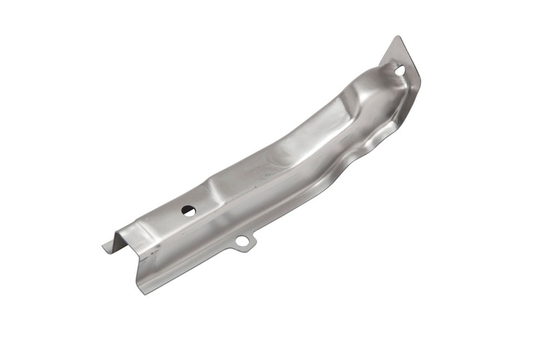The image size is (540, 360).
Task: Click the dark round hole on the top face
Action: pyautogui.click(x=188, y=210)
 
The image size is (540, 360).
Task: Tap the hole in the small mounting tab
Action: pyautogui.click(x=242, y=241)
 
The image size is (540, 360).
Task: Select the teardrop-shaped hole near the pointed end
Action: pyautogui.click(x=400, y=70)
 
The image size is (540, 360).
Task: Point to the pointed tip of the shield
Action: pyautogui.click(x=398, y=37)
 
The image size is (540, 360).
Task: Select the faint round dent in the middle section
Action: pyautogui.click(x=281, y=157)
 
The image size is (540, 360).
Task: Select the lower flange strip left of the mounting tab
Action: pyautogui.click(x=189, y=262)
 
